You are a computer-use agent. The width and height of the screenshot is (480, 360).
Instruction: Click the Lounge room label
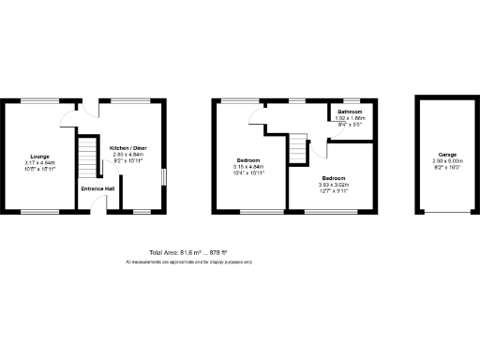pyautogui.click(x=39, y=156)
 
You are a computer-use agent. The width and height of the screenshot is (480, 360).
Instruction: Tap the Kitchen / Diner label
pyautogui.click(x=127, y=148)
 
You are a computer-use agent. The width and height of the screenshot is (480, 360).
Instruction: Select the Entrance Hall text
pyautogui.click(x=97, y=188)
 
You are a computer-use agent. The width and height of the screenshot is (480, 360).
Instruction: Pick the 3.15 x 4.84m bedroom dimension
pyautogui.click(x=248, y=166)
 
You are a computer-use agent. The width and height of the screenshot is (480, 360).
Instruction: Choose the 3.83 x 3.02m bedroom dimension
pyautogui.click(x=335, y=185)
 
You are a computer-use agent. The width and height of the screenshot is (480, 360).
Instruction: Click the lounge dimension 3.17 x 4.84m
pyautogui.click(x=39, y=162)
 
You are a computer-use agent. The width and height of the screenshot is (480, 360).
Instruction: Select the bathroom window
pyautogui.click(x=351, y=100)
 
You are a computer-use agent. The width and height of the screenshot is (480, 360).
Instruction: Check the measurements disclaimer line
pyautogui.click(x=188, y=262)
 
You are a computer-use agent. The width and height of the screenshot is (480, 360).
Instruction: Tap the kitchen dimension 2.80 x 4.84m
pyautogui.click(x=127, y=155)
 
